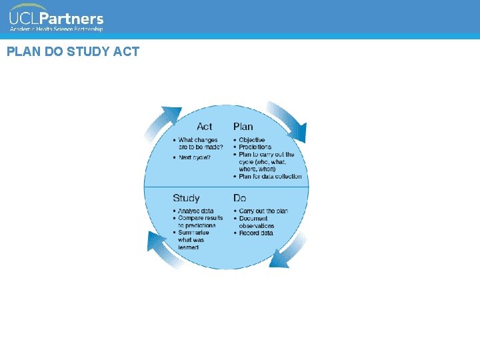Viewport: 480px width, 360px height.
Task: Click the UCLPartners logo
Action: point(56,19)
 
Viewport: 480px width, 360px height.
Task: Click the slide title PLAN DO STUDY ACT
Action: point(73,51)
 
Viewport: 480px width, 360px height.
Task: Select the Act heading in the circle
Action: point(205,126)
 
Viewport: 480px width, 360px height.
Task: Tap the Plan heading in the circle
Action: point(243,126)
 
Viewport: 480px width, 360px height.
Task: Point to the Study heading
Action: point(186,198)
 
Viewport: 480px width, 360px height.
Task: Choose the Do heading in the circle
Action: point(240,198)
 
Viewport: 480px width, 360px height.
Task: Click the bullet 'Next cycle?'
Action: point(195,157)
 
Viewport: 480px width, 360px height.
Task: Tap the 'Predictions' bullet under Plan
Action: point(255,147)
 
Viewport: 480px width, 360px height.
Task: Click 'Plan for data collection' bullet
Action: point(270,176)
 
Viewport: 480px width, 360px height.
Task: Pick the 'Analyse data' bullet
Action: point(196,211)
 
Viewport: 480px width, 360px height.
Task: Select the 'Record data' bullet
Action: point(256,233)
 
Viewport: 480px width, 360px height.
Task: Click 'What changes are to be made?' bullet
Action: point(201,143)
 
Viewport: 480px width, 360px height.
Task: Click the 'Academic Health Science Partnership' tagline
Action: point(56,29)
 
